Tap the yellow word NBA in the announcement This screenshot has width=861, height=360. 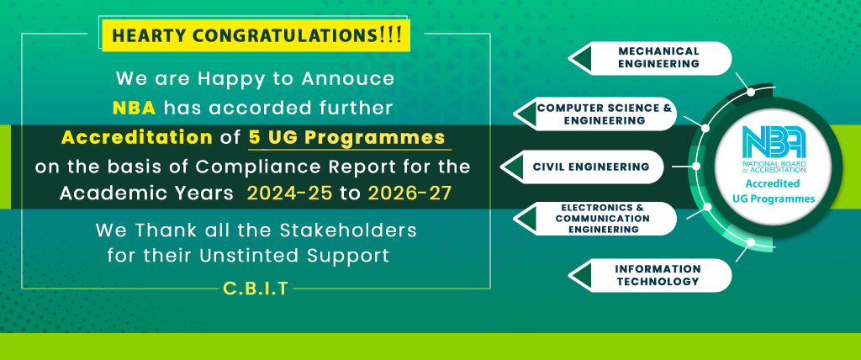134,109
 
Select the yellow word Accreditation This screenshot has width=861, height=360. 137,137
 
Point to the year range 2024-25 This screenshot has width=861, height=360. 289,193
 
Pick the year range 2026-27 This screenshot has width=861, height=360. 409,193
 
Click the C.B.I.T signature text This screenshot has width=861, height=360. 256,289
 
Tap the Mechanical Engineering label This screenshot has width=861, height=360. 658,58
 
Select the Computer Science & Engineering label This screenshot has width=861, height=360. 605,114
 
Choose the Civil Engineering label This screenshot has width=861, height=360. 591,167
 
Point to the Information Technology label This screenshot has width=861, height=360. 658,275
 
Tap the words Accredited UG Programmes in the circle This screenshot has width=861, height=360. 779,191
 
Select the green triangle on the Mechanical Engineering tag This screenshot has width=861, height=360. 581,58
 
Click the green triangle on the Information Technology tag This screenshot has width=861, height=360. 581,275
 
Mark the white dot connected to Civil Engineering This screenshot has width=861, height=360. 695,166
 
